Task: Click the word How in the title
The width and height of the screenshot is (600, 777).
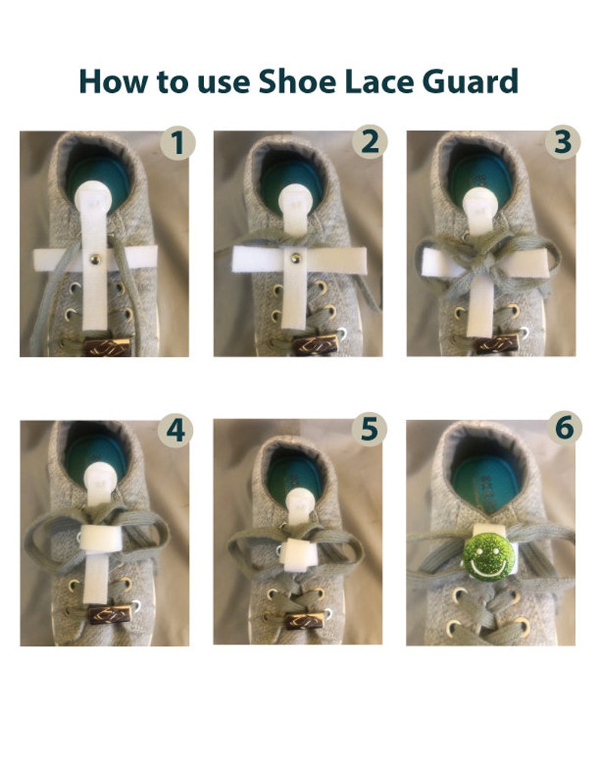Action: tap(113, 81)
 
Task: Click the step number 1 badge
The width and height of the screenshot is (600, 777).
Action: tap(178, 143)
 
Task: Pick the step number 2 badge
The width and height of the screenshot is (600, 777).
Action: tap(370, 141)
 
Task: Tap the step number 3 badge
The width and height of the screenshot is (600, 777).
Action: tap(562, 141)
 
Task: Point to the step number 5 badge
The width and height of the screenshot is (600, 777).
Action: tap(369, 429)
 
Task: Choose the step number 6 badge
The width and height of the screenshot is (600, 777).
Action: tap(564, 427)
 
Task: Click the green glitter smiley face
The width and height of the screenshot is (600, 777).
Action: tap(488, 556)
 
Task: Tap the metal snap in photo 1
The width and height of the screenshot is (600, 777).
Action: tap(94, 258)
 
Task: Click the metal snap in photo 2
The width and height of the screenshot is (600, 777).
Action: tap(295, 258)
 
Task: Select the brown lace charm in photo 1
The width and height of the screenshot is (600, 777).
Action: tap(107, 348)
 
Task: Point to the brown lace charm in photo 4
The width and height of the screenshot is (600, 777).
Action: tap(110, 614)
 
